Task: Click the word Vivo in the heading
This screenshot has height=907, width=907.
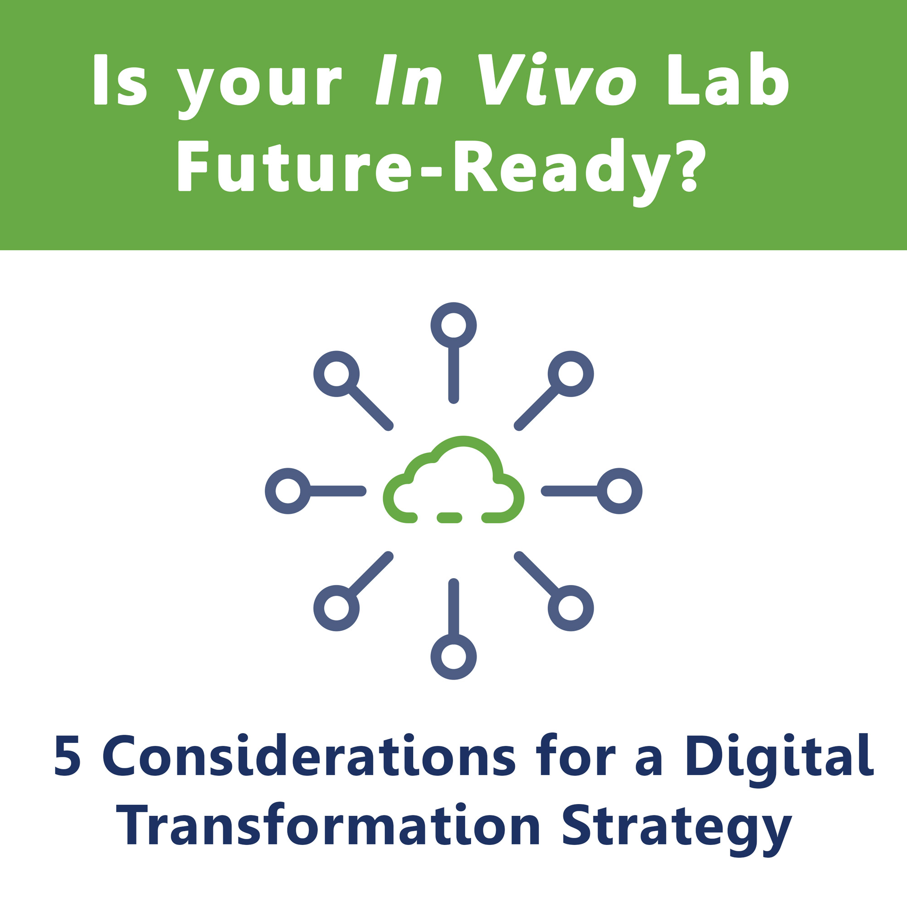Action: [557, 78]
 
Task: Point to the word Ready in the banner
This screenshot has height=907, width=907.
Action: [563, 172]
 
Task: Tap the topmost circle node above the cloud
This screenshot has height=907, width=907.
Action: [453, 325]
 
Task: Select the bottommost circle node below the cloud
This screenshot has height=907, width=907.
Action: [453, 657]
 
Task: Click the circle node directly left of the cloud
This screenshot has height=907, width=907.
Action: [288, 491]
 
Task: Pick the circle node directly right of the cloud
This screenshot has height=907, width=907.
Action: [619, 491]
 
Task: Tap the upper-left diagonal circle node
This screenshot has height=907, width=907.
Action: [336, 374]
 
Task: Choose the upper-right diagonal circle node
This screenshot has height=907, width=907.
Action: [571, 374]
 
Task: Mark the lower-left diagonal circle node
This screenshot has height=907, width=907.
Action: [336, 608]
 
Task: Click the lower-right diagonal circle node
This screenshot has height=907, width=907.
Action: [571, 608]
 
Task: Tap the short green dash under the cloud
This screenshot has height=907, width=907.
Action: [449, 518]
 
